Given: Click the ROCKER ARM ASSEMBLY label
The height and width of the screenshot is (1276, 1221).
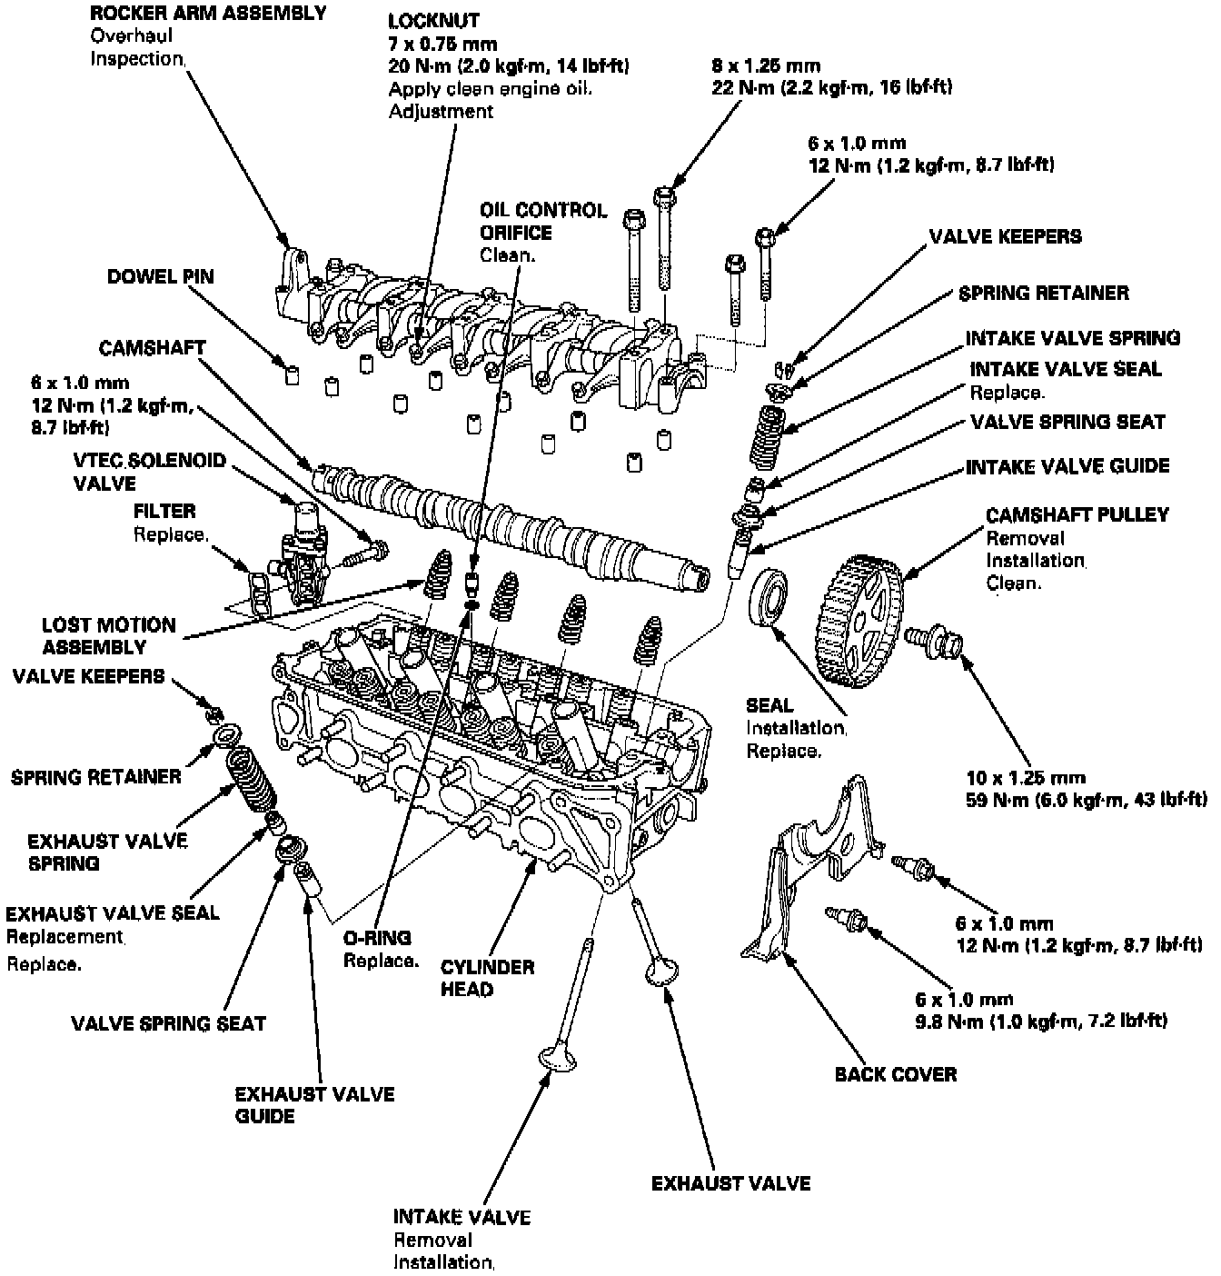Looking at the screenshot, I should [208, 14].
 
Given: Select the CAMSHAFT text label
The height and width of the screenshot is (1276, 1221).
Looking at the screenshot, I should [152, 348].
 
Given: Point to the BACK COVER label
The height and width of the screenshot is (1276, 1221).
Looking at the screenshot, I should [896, 1074].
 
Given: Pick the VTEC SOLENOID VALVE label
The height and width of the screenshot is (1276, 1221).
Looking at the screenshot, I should [149, 472].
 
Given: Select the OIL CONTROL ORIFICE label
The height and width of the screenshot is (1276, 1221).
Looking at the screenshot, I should [543, 222].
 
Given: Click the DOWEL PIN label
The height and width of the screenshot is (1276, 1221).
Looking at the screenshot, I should [161, 276].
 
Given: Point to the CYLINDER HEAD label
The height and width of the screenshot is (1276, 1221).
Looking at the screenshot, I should [487, 978].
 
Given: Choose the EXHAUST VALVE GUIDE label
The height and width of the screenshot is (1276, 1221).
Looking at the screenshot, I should [314, 1105].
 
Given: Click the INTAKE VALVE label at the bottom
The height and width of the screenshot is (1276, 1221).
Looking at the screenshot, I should [462, 1217].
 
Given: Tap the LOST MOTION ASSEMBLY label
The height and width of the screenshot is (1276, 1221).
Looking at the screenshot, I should [108, 636].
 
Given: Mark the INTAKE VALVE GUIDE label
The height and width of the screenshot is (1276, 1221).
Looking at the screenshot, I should [1067, 466].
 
